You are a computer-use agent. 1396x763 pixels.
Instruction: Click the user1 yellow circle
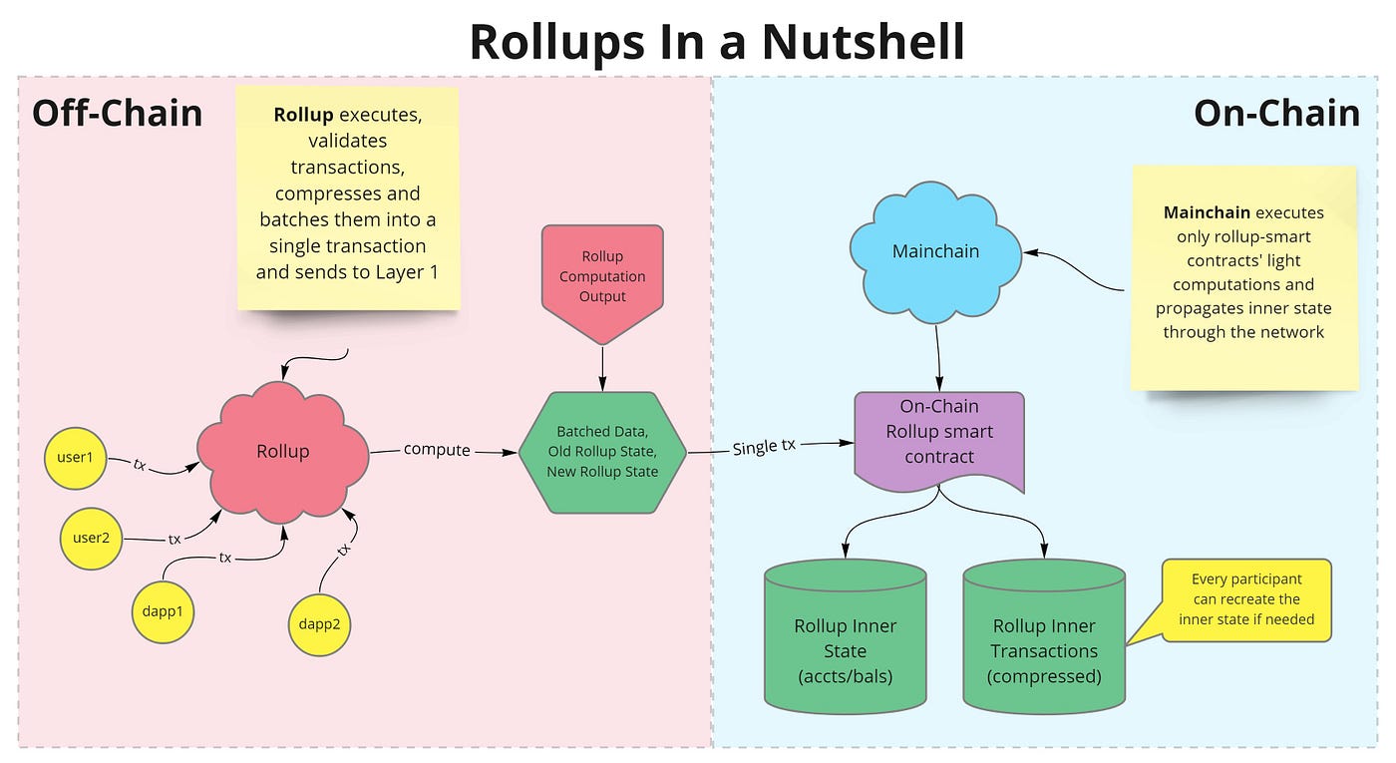coord(75,458)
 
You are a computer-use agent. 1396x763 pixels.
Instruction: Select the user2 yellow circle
coord(91,539)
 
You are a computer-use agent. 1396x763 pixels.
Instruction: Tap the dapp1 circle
coord(162,610)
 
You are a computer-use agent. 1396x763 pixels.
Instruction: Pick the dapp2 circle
coord(320,625)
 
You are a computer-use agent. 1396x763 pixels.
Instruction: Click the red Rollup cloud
coord(283,452)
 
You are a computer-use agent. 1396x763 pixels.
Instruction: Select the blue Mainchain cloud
coord(935,251)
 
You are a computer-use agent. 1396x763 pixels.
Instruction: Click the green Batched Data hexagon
coord(602,452)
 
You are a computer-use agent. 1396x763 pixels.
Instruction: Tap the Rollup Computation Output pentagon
coord(602,277)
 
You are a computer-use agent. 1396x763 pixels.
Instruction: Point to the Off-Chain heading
coord(117,113)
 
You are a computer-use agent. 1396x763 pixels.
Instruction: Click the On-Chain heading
coord(1276,113)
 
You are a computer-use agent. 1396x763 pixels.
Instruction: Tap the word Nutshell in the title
coord(862,42)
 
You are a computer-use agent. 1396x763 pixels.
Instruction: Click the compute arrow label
coord(437,450)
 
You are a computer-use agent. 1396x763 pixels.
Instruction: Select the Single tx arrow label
coord(764,447)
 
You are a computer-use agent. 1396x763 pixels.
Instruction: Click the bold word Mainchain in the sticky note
coord(1207,212)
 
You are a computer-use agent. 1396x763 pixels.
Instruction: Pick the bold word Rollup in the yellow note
coord(303,116)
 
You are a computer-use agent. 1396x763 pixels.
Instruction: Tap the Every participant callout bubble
coord(1245,598)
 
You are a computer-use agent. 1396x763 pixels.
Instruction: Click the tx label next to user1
coord(140,464)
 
